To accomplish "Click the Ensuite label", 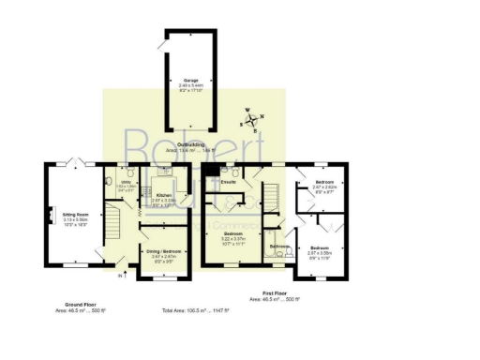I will pyautogui.click(x=228, y=182).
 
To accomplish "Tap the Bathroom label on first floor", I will pyautogui.click(x=279, y=246).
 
